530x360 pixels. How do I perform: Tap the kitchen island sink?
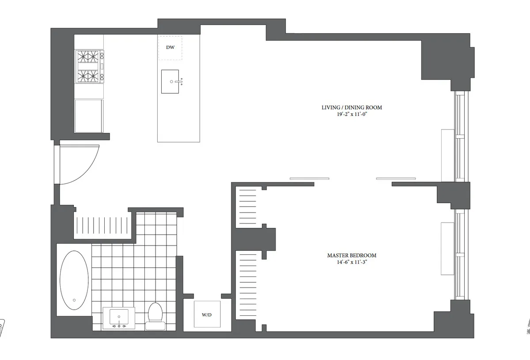pos(170,82)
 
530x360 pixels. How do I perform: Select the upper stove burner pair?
pos(89,57)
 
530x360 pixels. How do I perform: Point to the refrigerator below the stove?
pos(89,116)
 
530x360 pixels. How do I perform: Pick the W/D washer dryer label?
pos(207,315)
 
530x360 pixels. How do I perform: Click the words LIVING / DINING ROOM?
pos(352,107)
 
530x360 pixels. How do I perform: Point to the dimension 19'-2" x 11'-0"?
pos(352,114)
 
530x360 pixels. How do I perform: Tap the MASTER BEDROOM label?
pos(352,255)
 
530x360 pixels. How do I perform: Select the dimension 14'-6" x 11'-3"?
pos(352,262)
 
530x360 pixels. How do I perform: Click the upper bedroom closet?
pos(247,206)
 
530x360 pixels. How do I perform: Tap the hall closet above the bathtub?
pos(103,226)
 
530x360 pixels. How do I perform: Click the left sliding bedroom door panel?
pos(309,178)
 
